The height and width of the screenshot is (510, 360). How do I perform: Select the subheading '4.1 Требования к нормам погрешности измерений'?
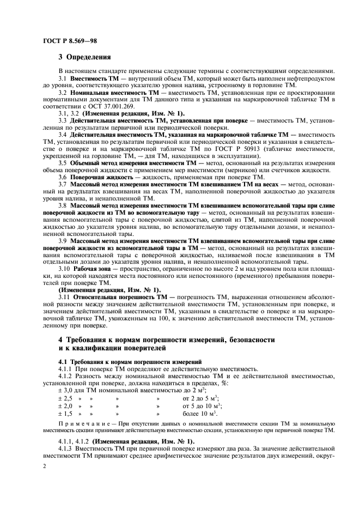123,361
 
